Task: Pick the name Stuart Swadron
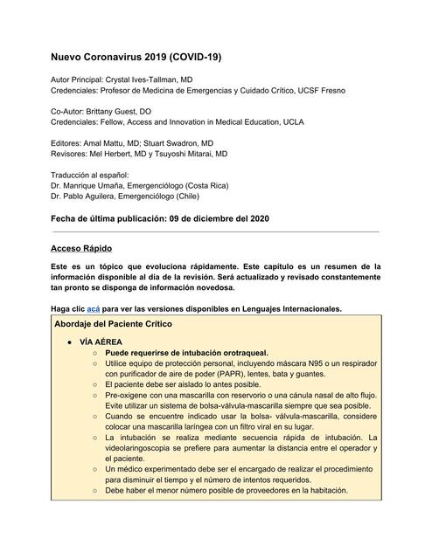point(183,142)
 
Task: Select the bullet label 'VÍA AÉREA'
point(101,341)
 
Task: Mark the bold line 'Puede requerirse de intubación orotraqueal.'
point(187,353)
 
